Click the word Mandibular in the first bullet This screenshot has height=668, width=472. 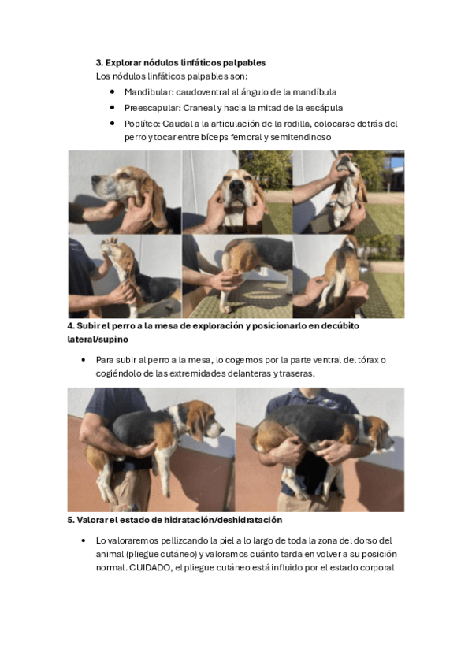(148, 92)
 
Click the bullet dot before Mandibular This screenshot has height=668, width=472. (113, 91)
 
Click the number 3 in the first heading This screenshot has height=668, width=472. (99, 63)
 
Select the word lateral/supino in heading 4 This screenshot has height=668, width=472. (98, 340)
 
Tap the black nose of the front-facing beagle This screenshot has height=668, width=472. (237, 187)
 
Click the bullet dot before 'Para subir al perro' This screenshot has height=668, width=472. (84, 360)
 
